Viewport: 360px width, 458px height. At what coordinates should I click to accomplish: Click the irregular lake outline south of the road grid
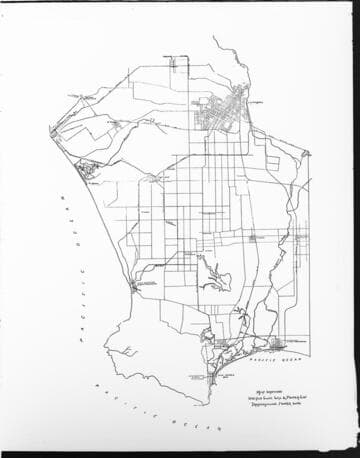pos(211,271)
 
